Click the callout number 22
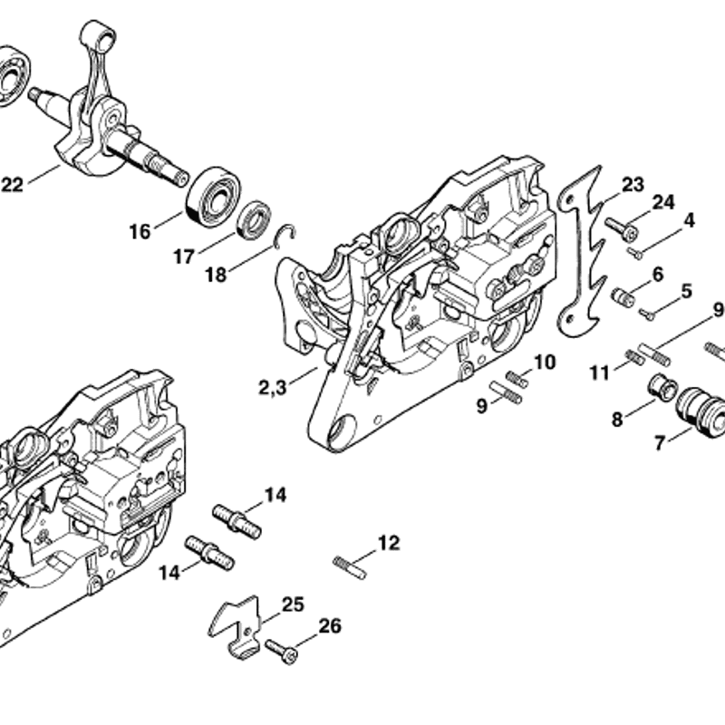tap(13, 185)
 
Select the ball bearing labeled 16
tap(213, 196)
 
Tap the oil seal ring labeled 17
tap(254, 220)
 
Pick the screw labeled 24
tap(621, 229)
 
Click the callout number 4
tap(689, 220)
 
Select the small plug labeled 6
tap(623, 296)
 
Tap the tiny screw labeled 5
tap(647, 314)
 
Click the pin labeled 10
tap(517, 379)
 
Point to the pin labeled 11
tap(634, 357)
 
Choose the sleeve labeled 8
tap(663, 387)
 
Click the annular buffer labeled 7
tap(701, 414)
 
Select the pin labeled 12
tap(350, 567)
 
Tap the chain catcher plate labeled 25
tap(236, 626)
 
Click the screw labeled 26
tap(281, 652)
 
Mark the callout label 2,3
tap(273, 388)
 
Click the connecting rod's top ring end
tap(97, 36)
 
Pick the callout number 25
tap(293, 604)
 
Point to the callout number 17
tap(184, 256)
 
